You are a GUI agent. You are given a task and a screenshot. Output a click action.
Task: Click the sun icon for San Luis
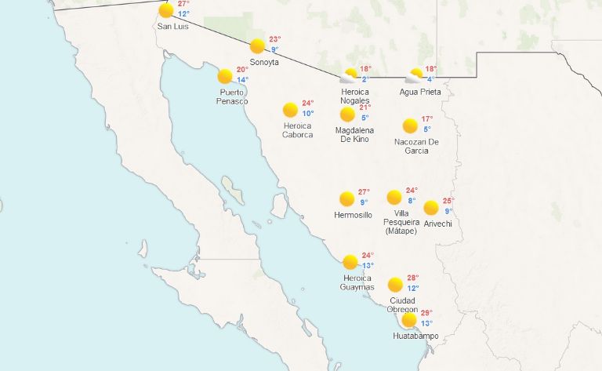click(x=165, y=11)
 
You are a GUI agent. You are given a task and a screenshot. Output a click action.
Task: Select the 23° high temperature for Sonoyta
click(x=274, y=39)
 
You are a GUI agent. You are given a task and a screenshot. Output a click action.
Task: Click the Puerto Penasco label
click(x=234, y=97)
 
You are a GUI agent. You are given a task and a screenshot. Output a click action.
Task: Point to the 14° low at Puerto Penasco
click(x=242, y=80)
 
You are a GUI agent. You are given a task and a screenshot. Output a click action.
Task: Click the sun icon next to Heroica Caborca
click(x=290, y=109)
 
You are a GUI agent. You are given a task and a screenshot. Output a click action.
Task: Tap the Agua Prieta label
click(x=420, y=92)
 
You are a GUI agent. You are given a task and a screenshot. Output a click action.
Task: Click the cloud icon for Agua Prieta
click(x=414, y=76)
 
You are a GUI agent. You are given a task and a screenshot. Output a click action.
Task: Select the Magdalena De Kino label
click(x=354, y=134)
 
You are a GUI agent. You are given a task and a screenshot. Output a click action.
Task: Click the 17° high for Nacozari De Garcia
click(x=426, y=119)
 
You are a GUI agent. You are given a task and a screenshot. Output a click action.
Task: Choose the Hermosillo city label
click(x=353, y=215)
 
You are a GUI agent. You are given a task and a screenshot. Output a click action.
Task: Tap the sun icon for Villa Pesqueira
click(x=394, y=197)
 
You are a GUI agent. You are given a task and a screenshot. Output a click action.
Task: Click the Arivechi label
click(x=438, y=224)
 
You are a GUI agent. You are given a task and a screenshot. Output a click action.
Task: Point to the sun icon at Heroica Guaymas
click(x=350, y=261)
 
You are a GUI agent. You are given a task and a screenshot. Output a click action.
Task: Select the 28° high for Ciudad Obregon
click(x=412, y=278)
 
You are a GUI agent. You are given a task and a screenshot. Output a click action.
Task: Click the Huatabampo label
click(x=415, y=336)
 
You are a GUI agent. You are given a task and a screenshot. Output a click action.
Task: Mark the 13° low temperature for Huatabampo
click(x=426, y=323)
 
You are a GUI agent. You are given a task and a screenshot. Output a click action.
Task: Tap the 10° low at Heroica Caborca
click(x=308, y=114)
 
